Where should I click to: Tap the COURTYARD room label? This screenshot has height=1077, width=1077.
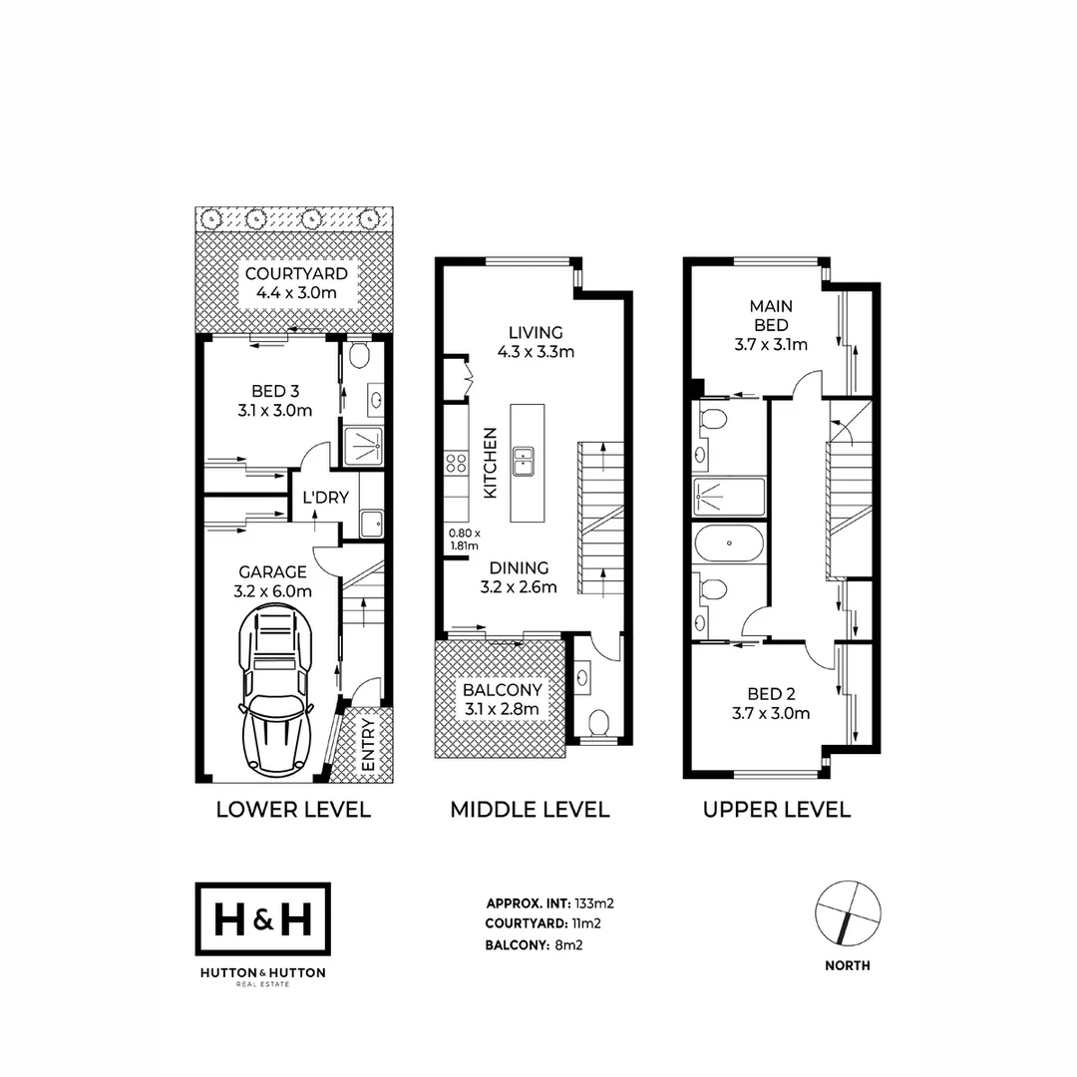click(x=295, y=273)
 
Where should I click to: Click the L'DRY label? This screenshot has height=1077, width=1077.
click(x=324, y=498)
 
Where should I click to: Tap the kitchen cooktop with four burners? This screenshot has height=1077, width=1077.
click(x=457, y=462)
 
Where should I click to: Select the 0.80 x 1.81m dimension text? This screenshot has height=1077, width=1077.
click(x=465, y=539)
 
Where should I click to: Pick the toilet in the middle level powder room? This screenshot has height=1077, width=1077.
click(x=598, y=720)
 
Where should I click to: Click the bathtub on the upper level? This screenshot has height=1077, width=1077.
click(x=729, y=545)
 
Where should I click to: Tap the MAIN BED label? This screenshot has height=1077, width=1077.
click(x=770, y=316)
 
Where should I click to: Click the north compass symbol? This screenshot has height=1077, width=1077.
click(x=848, y=914)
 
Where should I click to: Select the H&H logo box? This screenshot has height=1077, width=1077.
click(x=262, y=918)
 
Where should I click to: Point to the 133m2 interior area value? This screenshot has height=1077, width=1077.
click(x=594, y=903)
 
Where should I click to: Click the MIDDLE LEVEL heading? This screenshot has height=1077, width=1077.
click(x=530, y=809)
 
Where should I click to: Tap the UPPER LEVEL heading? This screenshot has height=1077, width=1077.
click(x=777, y=809)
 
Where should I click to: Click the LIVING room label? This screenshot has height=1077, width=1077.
click(x=536, y=332)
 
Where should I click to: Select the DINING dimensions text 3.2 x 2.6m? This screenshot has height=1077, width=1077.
click(x=517, y=586)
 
